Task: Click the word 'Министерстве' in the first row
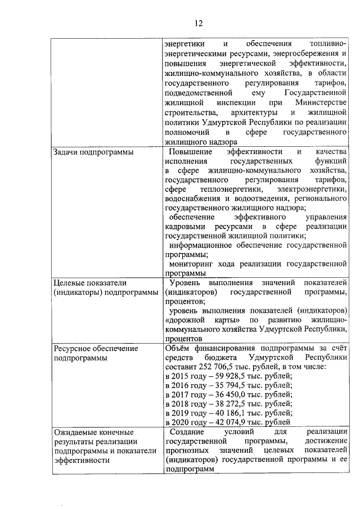click(x=319, y=102)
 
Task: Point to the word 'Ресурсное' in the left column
click(x=71, y=348)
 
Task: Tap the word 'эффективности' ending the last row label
click(x=80, y=460)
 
